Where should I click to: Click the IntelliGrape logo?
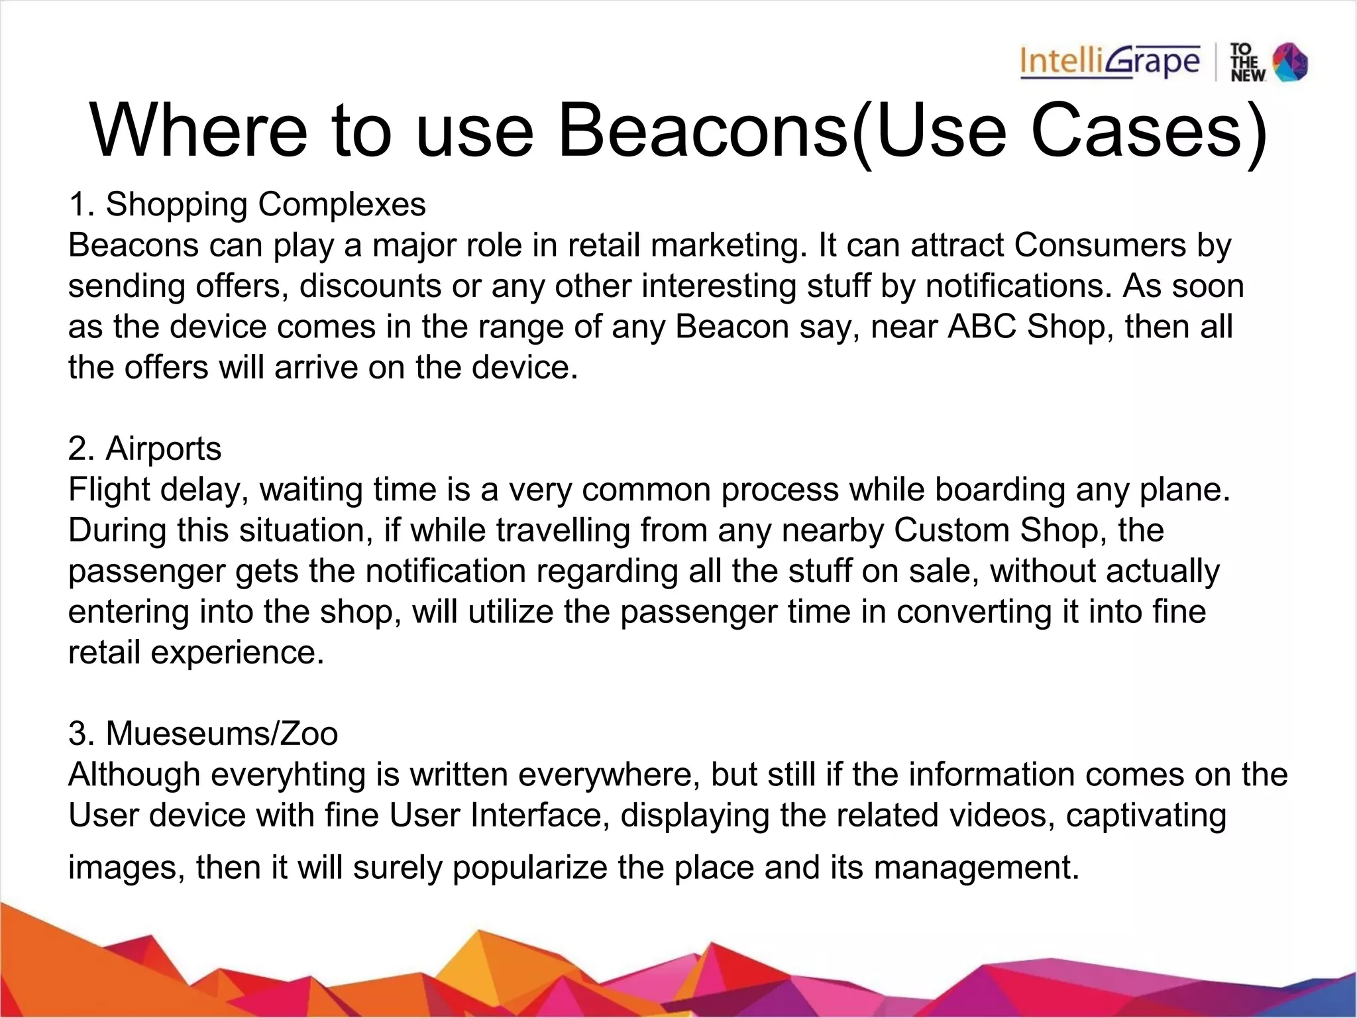(1110, 63)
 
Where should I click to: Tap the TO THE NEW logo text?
(1247, 63)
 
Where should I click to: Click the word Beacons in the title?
(703, 131)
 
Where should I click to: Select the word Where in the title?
(199, 131)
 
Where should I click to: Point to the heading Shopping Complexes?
(266, 204)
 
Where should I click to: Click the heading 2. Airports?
(144, 449)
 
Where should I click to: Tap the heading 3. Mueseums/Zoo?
(203, 734)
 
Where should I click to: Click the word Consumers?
(1100, 245)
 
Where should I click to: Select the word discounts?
(370, 286)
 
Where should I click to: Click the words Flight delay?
(158, 490)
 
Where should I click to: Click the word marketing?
(729, 245)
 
